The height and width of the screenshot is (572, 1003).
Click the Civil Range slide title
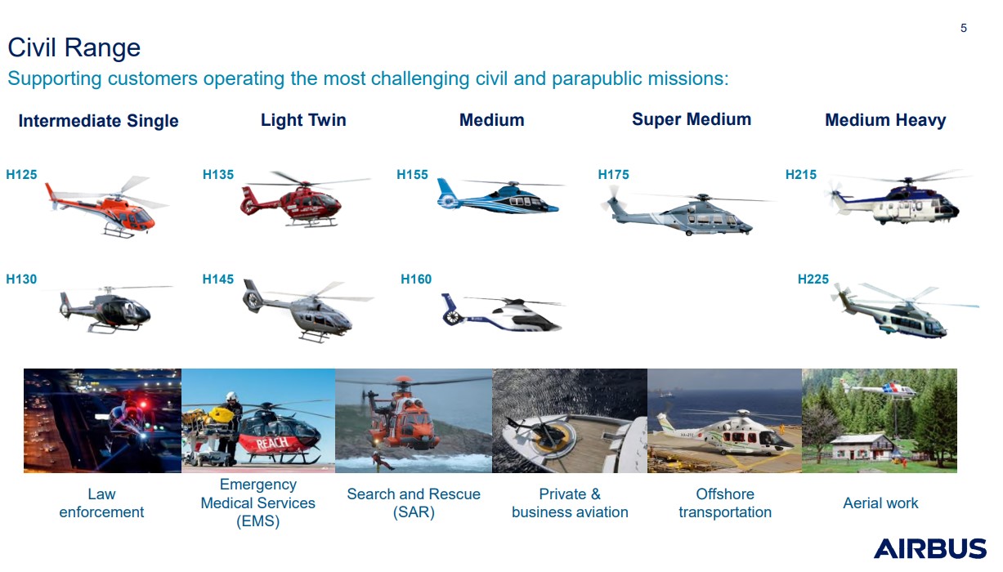click(74, 48)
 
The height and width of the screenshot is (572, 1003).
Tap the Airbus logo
click(930, 548)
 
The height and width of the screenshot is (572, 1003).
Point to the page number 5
click(964, 29)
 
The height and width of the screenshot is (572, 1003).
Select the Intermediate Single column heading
click(99, 121)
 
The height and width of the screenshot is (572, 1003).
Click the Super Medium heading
click(692, 119)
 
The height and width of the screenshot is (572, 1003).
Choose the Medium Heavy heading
click(885, 120)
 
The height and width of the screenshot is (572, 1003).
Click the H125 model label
click(21, 175)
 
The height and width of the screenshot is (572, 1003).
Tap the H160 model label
click(416, 279)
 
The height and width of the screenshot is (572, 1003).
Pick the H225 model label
click(813, 279)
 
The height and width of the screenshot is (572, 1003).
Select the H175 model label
click(613, 175)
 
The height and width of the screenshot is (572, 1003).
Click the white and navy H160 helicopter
click(502, 313)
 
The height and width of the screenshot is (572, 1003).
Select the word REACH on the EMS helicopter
click(272, 443)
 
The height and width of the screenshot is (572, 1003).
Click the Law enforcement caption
click(101, 503)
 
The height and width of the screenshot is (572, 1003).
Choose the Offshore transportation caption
click(725, 503)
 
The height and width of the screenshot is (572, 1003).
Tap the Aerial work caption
click(880, 503)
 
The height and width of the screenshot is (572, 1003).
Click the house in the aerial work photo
click(862, 448)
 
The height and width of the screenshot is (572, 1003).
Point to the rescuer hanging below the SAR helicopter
click(380, 460)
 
